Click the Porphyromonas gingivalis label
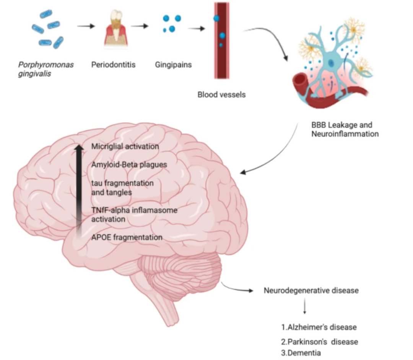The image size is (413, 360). (46, 69)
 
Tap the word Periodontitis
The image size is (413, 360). (113, 65)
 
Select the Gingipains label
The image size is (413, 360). (173, 65)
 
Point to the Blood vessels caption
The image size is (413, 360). (221, 94)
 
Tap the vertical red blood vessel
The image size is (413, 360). (221, 41)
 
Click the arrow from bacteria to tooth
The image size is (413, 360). (86, 26)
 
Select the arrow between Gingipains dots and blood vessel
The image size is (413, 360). (197, 28)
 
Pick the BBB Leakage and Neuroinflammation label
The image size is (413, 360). (345, 129)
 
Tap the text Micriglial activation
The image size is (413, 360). (125, 146)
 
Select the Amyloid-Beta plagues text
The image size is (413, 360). (129, 165)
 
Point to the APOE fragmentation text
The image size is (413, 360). (127, 237)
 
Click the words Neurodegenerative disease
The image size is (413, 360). (311, 290)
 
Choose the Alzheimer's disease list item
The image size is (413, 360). (319, 328)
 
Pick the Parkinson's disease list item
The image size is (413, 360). (319, 342)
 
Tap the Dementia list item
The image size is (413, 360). (301, 353)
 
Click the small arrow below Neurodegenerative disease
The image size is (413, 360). (305, 306)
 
